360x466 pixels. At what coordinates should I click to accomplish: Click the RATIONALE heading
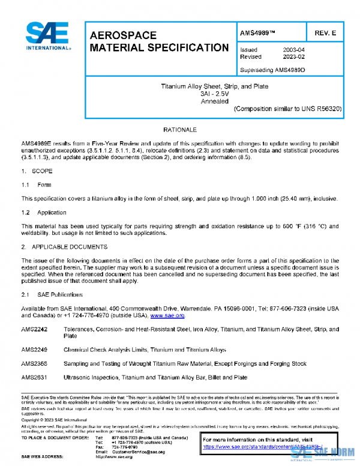tap(180, 130)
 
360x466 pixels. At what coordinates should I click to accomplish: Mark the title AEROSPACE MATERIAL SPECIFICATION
tap(158, 41)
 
